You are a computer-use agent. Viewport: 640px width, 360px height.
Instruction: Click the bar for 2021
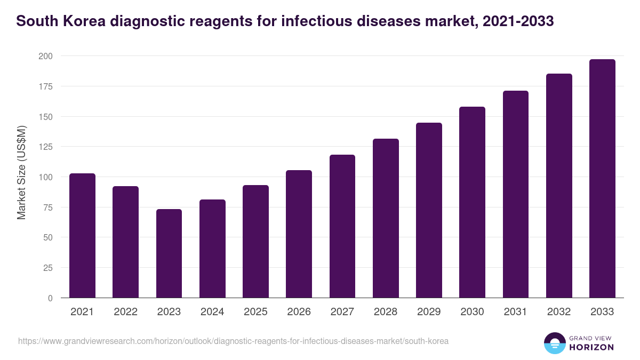[x=82, y=235]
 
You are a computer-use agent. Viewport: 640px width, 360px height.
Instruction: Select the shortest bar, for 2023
[x=169, y=253]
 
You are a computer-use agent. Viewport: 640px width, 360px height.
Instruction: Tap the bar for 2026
[x=299, y=234]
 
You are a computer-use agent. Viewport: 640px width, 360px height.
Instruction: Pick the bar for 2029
[x=429, y=210]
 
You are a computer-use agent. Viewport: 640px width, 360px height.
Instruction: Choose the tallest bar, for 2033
[x=602, y=178]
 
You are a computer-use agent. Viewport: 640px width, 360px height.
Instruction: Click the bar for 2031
[x=516, y=194]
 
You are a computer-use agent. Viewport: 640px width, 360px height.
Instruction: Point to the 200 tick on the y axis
[x=45, y=56]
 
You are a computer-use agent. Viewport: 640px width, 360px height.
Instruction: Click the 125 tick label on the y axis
[x=45, y=147]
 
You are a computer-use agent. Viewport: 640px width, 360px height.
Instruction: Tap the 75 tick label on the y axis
[x=47, y=207]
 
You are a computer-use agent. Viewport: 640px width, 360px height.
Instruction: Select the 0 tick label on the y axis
[x=50, y=298]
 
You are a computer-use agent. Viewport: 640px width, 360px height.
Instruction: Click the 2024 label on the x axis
[x=212, y=312]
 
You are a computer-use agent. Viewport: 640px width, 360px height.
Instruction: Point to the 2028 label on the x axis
[x=386, y=312]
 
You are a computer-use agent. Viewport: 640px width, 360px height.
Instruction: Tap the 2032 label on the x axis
[x=559, y=312]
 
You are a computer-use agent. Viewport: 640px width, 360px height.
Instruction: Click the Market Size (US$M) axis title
[x=21, y=173]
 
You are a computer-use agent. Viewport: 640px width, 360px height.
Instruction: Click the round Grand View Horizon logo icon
[x=554, y=343]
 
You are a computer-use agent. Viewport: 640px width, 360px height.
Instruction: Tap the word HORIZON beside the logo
[x=591, y=347]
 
